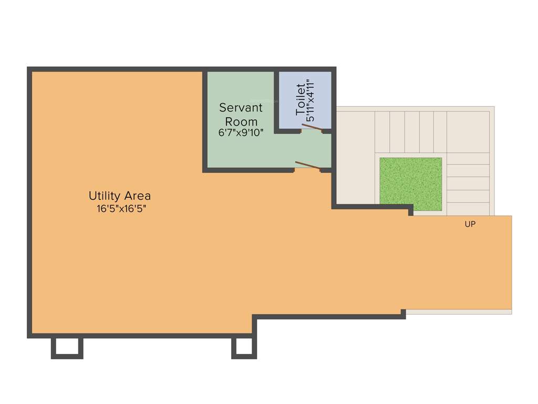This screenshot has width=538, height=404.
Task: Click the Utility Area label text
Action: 119,196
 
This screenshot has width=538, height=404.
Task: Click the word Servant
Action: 241,108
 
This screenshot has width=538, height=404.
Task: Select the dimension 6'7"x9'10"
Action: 241,133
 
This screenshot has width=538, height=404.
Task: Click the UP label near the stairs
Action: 470,224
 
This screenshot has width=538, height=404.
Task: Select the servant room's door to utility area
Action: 308,166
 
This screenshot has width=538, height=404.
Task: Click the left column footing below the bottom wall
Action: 67,348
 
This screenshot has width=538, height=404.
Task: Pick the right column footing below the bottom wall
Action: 244,348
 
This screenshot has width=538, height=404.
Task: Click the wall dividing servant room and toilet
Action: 276,100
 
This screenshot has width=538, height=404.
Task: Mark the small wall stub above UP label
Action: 411,211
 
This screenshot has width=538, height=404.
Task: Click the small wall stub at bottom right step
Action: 403,314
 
